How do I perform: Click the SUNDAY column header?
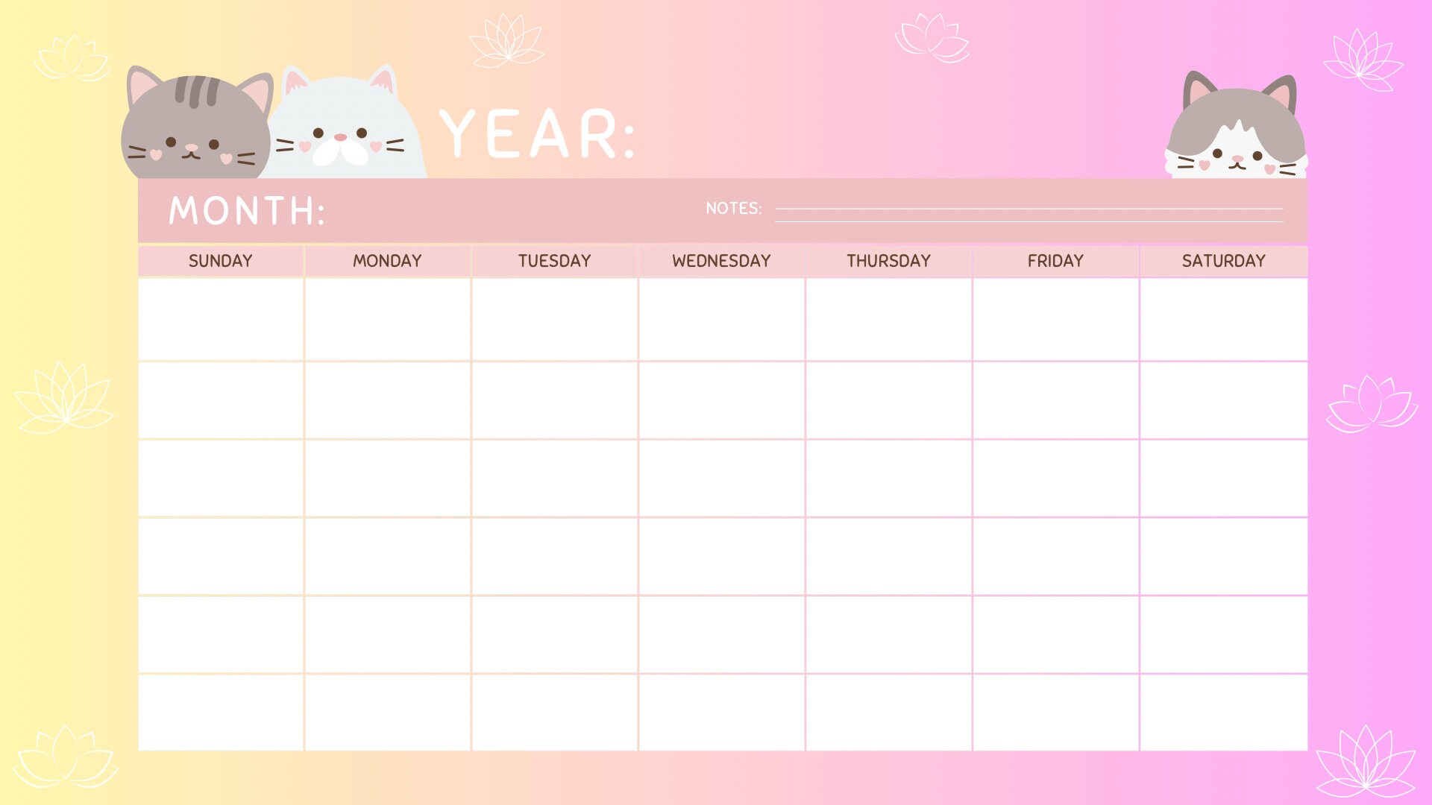click(220, 261)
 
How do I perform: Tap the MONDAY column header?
click(387, 261)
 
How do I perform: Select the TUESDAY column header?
click(554, 261)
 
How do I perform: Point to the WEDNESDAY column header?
click(721, 261)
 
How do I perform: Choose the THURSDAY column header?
click(888, 261)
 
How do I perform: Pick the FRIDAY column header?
click(1055, 261)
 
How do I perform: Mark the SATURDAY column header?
click(1223, 261)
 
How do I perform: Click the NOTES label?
click(733, 209)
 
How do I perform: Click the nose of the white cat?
click(340, 137)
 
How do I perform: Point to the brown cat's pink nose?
click(192, 148)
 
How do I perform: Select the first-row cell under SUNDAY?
click(220, 319)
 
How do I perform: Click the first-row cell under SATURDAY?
click(1223, 319)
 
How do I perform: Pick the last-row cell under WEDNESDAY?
click(721, 713)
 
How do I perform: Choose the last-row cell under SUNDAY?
click(220, 713)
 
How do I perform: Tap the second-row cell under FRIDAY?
click(1055, 400)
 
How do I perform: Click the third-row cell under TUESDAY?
click(554, 478)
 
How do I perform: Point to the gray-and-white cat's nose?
click(1237, 159)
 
